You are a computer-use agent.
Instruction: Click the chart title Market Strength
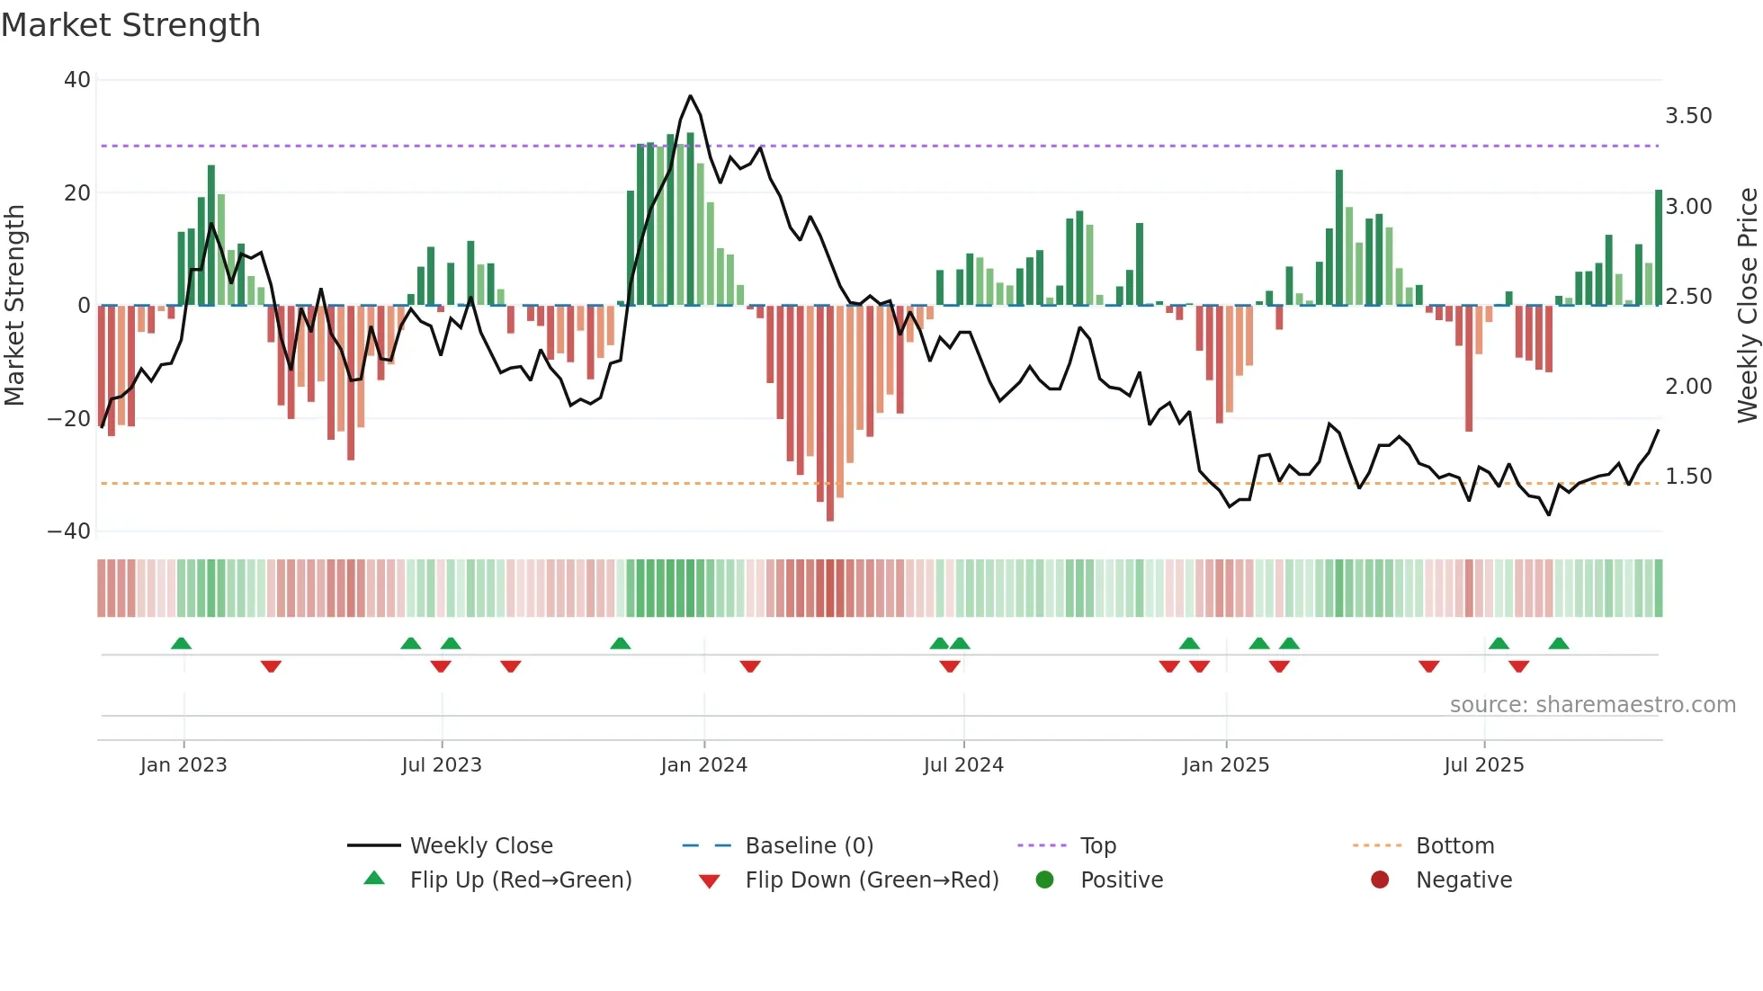130,25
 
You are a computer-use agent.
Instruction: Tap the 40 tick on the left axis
77,80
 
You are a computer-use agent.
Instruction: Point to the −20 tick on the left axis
69,419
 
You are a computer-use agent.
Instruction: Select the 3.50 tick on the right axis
1688,116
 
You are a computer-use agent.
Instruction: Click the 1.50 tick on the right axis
1688,477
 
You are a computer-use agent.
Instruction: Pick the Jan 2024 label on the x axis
703,765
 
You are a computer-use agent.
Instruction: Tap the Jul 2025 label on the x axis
1483,765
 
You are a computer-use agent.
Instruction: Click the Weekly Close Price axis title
1747,306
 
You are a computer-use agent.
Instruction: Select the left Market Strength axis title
15,306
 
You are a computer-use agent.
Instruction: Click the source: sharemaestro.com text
1592,705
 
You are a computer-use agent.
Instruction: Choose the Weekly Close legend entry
481,846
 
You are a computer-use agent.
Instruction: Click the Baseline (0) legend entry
809,846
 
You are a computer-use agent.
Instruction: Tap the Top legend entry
1097,846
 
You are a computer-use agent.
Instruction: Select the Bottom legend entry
1454,846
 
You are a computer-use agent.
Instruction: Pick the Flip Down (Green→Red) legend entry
871,880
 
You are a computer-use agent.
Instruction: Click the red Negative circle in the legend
1380,880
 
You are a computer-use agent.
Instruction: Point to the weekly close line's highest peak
690,96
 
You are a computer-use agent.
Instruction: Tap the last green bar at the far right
1658,248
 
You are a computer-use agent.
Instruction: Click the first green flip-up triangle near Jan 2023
181,643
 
